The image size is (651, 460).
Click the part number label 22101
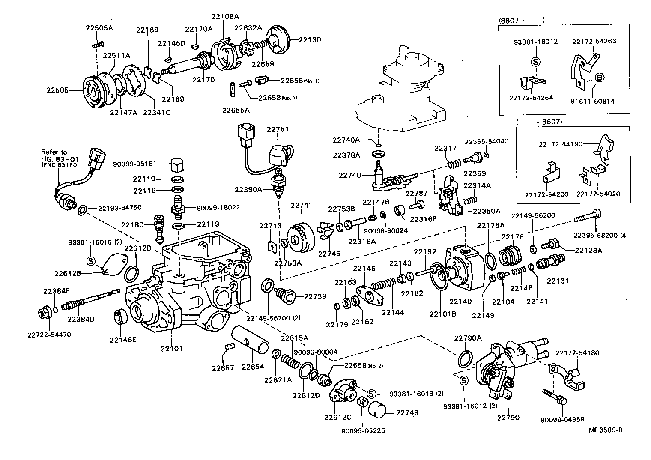click(x=171, y=349)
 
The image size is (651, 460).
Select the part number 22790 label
click(x=508, y=417)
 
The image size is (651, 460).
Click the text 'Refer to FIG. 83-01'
click(x=54, y=155)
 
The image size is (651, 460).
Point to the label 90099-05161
click(x=134, y=164)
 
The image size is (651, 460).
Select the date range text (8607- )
click(x=522, y=20)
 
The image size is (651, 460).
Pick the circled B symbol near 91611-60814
click(x=599, y=78)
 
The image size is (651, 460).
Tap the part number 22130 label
click(x=309, y=39)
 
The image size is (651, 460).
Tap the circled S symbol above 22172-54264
click(x=535, y=61)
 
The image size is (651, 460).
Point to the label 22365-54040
click(x=487, y=141)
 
